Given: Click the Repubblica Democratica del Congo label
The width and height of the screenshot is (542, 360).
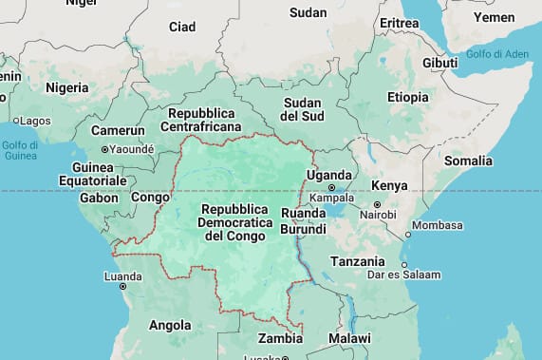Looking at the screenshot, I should coord(238,221).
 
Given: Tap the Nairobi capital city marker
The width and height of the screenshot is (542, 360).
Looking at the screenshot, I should coord(377,204).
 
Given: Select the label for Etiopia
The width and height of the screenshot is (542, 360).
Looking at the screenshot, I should coord(407,97).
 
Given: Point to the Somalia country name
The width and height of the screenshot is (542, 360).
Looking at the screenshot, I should coord(468,161).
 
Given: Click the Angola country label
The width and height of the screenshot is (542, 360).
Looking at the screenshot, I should coord(170,325).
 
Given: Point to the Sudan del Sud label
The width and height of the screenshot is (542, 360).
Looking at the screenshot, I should coord(302,107).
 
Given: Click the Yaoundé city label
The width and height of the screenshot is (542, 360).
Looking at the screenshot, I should coord(131,149).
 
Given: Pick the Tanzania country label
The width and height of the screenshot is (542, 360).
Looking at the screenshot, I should coord(357,261).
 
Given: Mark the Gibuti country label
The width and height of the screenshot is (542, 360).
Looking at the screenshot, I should coord(439,63).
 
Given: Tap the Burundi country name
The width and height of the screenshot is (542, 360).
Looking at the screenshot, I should coord(304,229).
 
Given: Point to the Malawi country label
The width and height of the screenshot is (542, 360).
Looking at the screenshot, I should coord(349,338).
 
